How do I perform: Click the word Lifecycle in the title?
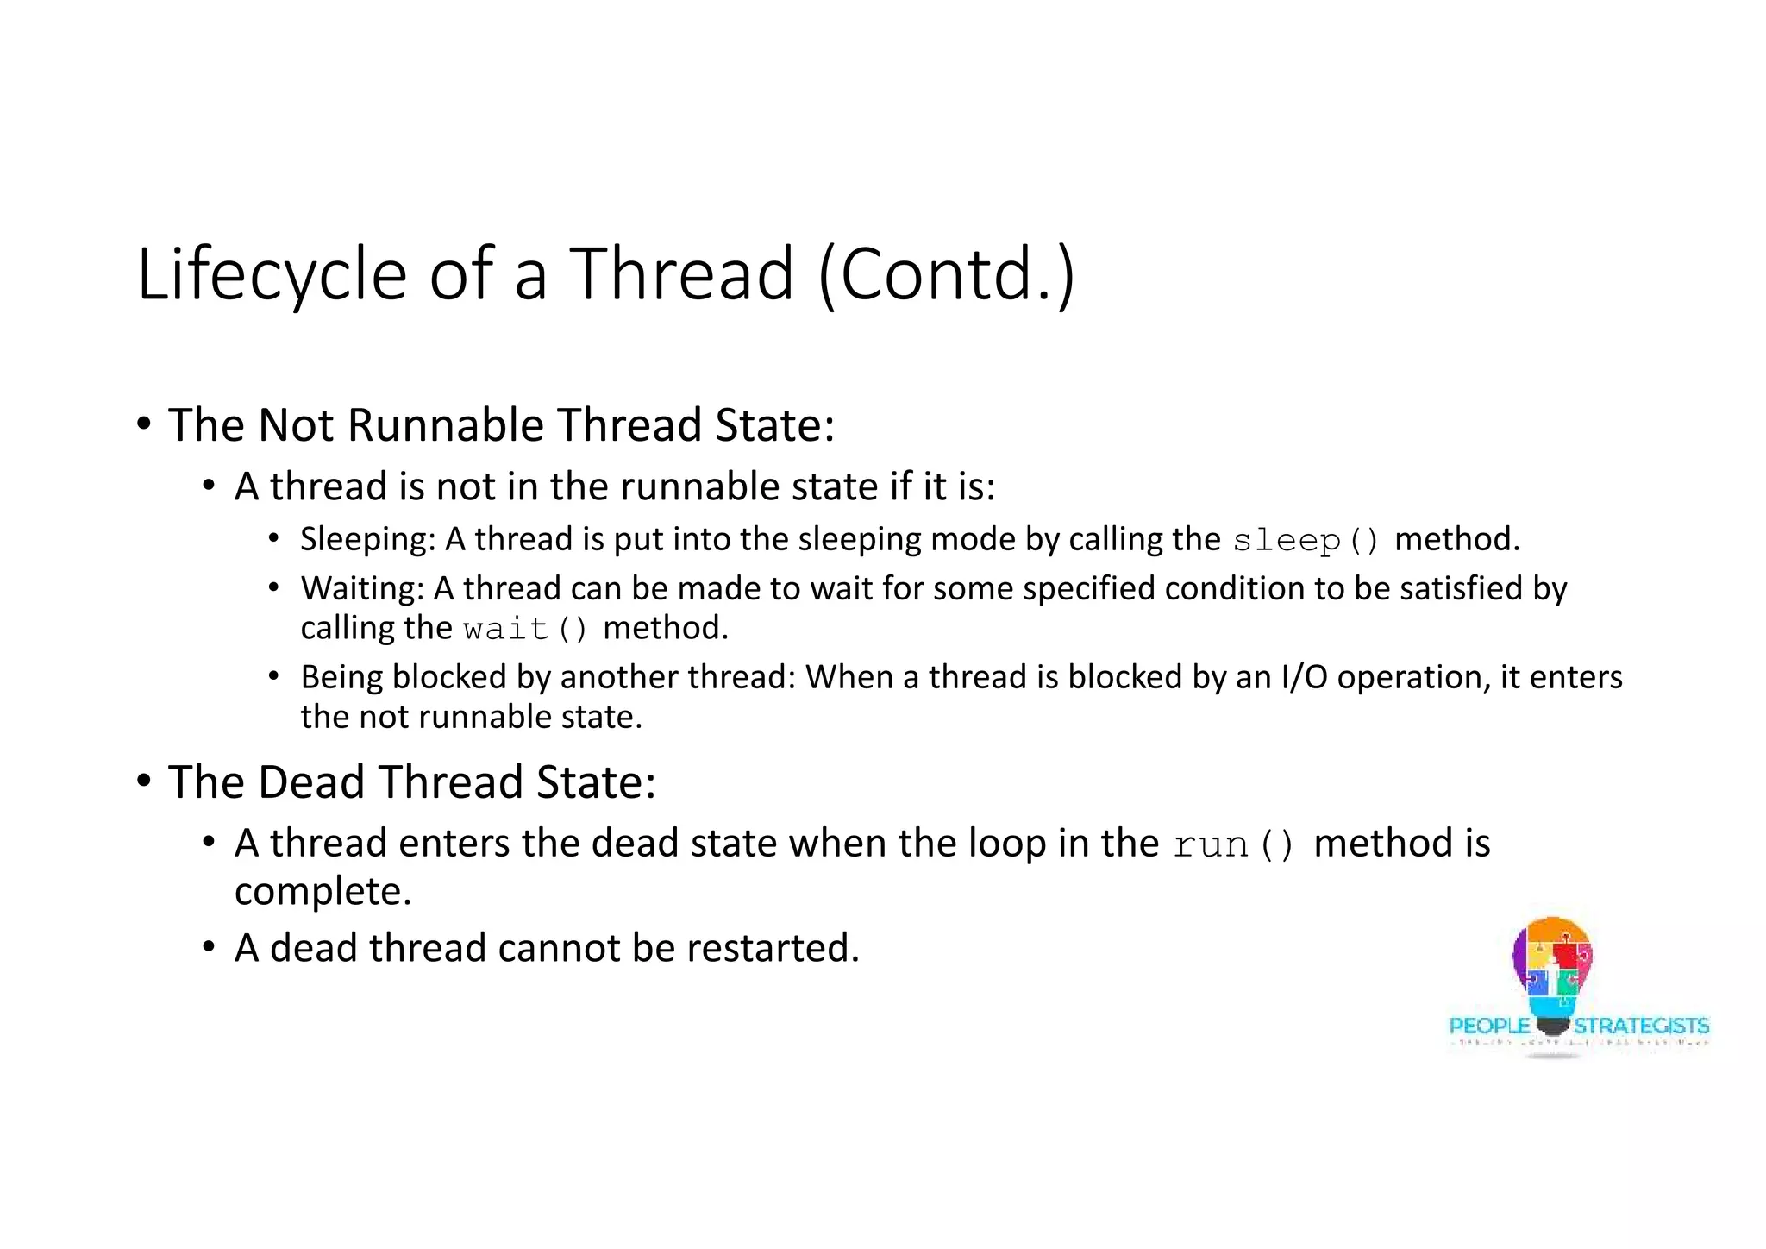[x=272, y=274]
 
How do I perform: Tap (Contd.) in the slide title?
[x=946, y=274]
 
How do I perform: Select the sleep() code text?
[x=1306, y=541]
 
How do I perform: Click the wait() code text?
[x=525, y=629]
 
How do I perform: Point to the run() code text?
[x=1233, y=844]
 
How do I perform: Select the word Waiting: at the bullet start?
[x=362, y=588]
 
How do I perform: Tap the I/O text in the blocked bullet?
[x=1305, y=677]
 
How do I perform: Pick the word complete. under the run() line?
[x=323, y=892]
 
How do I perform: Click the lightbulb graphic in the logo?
[x=1552, y=970]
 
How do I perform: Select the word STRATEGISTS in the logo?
[x=1641, y=1026]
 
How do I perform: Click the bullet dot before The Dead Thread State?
[x=144, y=781]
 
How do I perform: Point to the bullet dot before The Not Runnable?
[x=144, y=424]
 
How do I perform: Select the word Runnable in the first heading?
[x=445, y=425]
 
